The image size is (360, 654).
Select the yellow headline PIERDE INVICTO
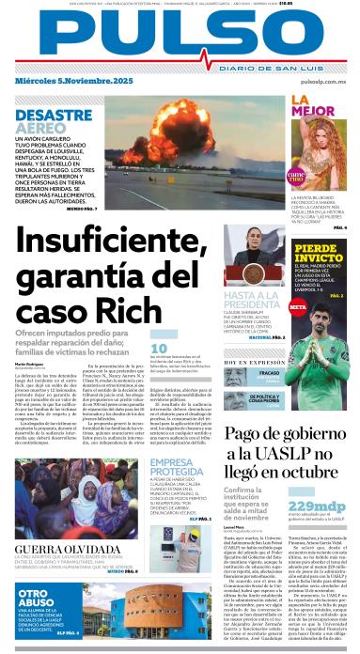coord(318,253)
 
